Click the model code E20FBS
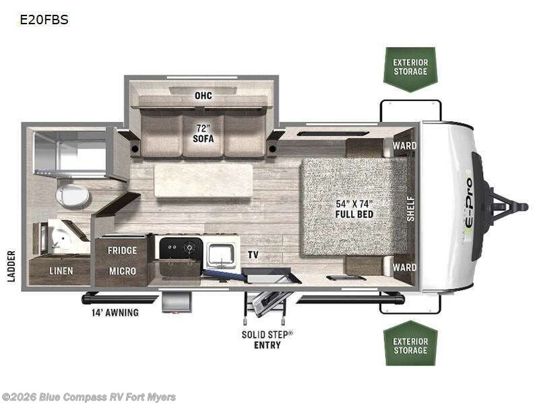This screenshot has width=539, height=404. pyautogui.click(x=44, y=20)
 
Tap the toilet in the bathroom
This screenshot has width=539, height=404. pyautogui.click(x=72, y=196)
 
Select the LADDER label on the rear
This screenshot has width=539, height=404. pyautogui.click(x=11, y=266)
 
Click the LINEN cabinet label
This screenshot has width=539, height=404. pyautogui.click(x=61, y=271)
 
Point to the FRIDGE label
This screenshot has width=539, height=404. pyautogui.click(x=123, y=250)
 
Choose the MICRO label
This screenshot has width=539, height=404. pyautogui.click(x=123, y=271)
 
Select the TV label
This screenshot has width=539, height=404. pyautogui.click(x=253, y=255)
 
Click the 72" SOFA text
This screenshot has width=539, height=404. pyautogui.click(x=203, y=133)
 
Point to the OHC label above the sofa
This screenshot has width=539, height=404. pyautogui.click(x=203, y=96)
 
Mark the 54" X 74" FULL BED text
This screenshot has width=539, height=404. pyautogui.click(x=355, y=209)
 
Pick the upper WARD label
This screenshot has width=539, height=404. pyautogui.click(x=405, y=145)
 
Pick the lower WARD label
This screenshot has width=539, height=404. pyautogui.click(x=405, y=267)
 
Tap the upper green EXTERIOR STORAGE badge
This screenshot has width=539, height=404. pyautogui.click(x=410, y=67)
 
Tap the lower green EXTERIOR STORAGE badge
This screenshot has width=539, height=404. pyautogui.click(x=410, y=345)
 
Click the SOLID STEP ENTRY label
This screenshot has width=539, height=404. pyautogui.click(x=267, y=339)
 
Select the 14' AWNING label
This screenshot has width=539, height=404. pyautogui.click(x=115, y=312)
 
